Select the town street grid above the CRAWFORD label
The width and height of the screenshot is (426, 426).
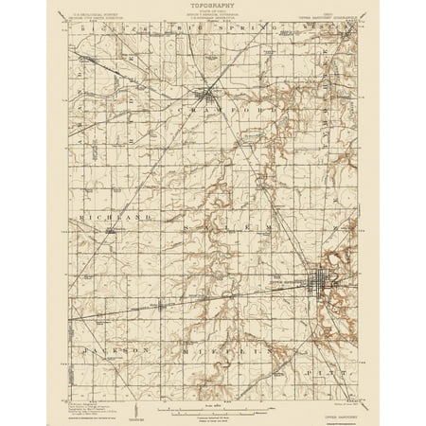tap(207, 94)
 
